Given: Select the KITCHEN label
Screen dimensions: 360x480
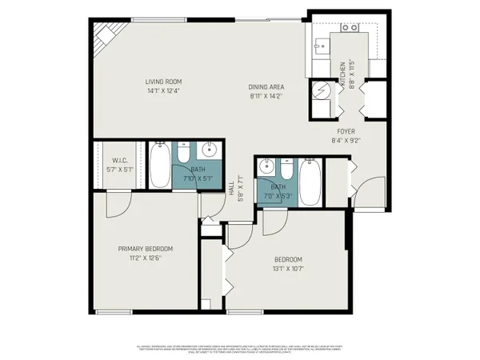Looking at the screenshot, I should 342,74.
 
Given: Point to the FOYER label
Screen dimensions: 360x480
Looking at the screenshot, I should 346,130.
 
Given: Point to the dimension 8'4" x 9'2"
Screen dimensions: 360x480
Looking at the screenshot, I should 346,140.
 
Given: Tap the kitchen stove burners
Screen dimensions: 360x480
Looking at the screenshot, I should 349,28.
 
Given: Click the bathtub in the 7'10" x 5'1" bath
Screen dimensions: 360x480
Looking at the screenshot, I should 158,165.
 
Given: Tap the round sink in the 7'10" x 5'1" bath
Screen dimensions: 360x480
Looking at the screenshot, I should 211,149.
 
